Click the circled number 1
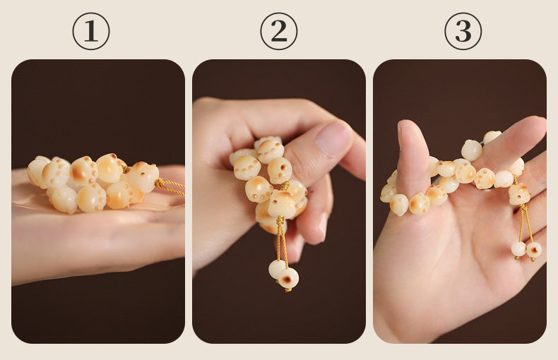91,31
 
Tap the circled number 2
278,31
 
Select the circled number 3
463,31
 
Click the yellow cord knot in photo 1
160,184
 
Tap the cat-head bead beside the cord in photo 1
143,176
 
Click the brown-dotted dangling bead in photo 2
288,277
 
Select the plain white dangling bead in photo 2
277,269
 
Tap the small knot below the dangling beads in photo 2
287,289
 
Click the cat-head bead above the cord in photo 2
283,203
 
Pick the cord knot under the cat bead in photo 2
280,220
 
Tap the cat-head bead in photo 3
519,194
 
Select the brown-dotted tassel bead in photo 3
534,250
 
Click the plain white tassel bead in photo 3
519,248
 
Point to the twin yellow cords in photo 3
525,224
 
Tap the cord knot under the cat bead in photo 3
523,207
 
